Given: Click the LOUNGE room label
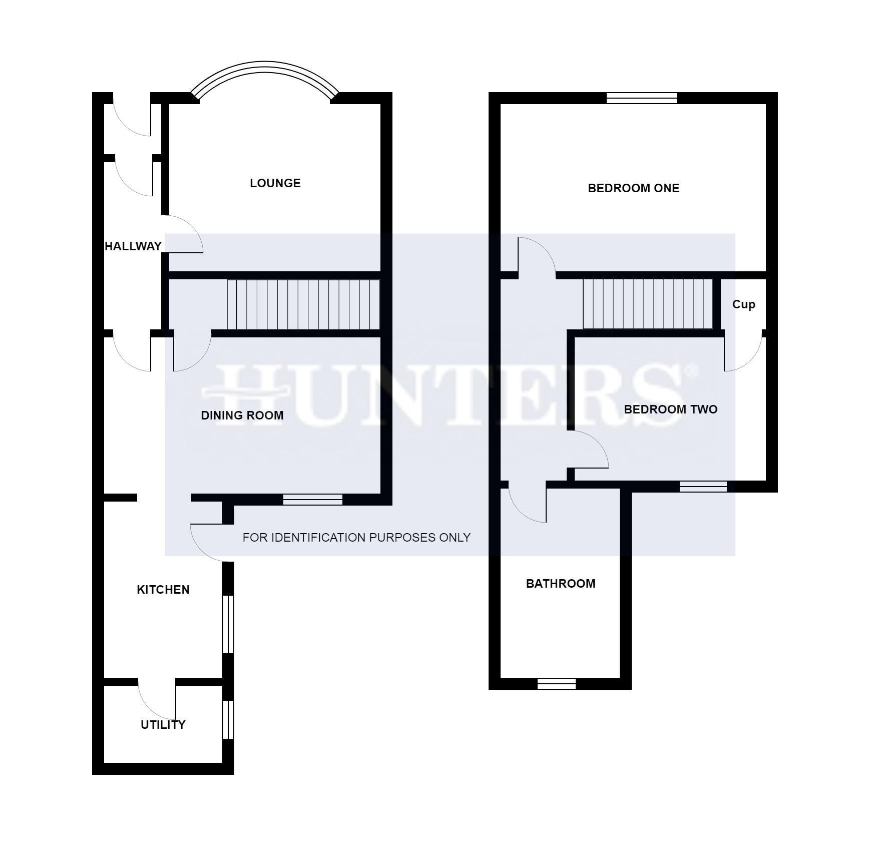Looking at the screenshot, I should (x=275, y=183).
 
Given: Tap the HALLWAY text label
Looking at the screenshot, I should (x=133, y=246).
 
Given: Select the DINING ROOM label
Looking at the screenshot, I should (x=242, y=415).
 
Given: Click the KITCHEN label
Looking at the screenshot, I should (x=163, y=590).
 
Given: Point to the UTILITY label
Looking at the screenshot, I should (x=163, y=725).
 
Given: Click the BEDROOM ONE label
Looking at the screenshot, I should (x=633, y=188).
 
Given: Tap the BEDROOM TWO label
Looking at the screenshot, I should (x=670, y=409).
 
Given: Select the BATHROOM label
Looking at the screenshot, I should (x=560, y=584).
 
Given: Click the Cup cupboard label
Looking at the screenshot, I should (x=743, y=304).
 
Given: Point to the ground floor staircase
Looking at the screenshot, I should (x=303, y=304).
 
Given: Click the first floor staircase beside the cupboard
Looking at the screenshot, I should (x=647, y=304).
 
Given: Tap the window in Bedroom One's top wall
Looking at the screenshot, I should (x=641, y=98).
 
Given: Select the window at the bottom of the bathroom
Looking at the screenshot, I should (x=556, y=684).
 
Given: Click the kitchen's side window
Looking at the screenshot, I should (x=228, y=624).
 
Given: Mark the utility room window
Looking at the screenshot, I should (x=228, y=719).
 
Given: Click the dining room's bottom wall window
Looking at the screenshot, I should (x=312, y=499).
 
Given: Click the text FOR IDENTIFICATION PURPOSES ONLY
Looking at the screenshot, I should (x=356, y=538).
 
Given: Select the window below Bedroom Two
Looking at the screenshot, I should (x=703, y=486).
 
